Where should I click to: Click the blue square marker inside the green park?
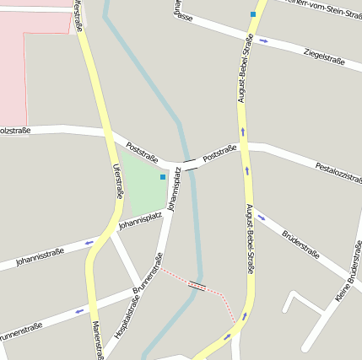(x=163, y=177)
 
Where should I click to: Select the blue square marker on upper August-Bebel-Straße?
(x=253, y=14)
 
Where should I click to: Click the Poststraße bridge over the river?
(x=191, y=164)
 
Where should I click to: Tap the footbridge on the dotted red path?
(x=197, y=286)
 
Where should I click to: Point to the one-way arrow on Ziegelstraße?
(x=264, y=40)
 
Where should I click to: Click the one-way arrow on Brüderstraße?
(x=262, y=218)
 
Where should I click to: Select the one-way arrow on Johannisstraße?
(x=89, y=243)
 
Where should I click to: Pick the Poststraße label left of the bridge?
(x=143, y=151)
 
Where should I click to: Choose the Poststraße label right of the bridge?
(x=219, y=153)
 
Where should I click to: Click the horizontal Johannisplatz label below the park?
(x=140, y=221)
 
